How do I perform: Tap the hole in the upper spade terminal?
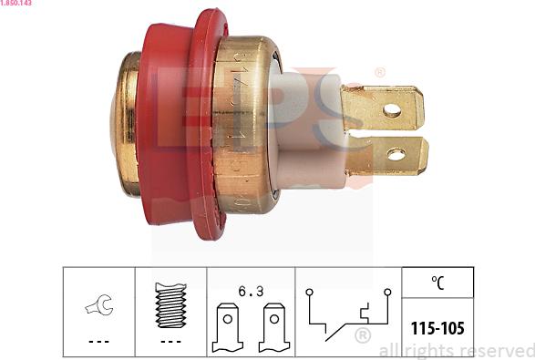pyautogui.click(x=392, y=110)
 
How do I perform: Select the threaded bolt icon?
pyautogui.click(x=170, y=304)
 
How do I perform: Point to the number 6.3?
pyautogui.click(x=251, y=291)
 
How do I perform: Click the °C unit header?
pyautogui.click(x=438, y=283)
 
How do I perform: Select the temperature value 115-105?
pyautogui.click(x=438, y=327)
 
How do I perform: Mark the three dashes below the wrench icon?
pyautogui.click(x=98, y=341)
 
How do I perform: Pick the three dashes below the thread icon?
pyautogui.click(x=170, y=341)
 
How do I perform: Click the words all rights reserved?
pyautogui.click(x=455, y=351)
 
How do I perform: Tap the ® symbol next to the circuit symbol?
pyautogui.click(x=361, y=337)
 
